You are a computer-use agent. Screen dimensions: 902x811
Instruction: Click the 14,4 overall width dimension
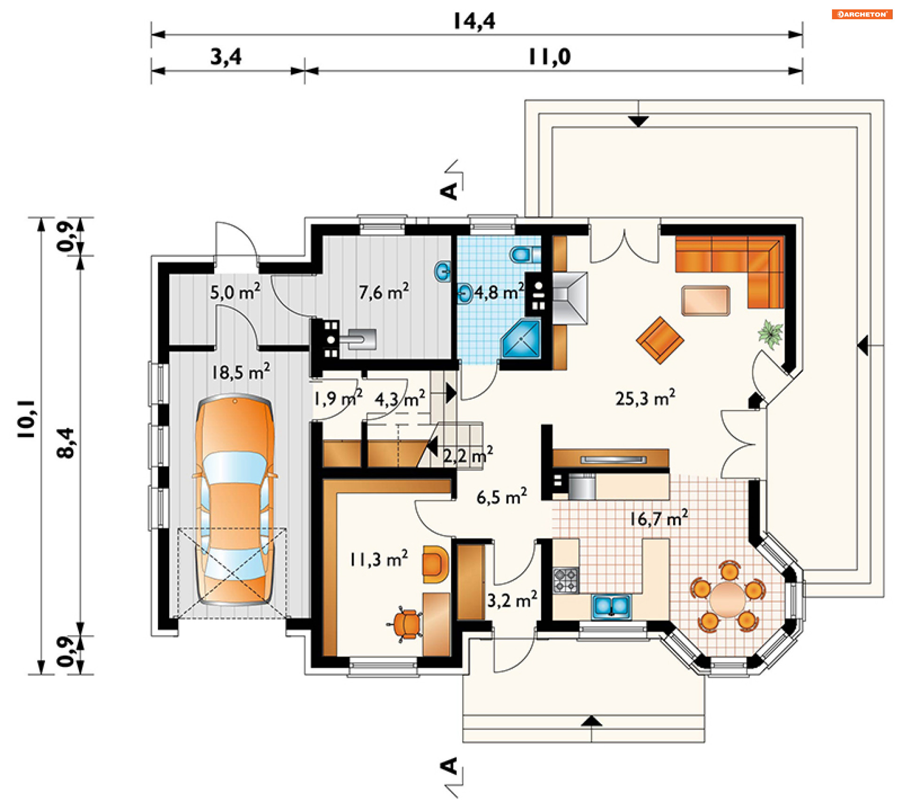click(474, 21)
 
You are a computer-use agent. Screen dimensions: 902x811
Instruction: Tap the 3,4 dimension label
click(226, 57)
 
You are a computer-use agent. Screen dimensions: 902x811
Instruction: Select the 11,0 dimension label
click(549, 57)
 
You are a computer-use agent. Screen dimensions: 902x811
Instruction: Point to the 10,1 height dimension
click(27, 419)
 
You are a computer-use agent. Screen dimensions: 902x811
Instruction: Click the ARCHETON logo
click(862, 14)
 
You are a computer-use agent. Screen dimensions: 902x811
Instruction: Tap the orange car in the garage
click(235, 501)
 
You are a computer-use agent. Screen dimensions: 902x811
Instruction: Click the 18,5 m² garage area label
click(241, 372)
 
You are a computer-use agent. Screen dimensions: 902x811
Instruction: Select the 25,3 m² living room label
click(645, 398)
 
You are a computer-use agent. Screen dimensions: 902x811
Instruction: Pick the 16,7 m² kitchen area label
click(659, 518)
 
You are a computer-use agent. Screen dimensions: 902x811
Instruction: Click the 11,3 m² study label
click(379, 559)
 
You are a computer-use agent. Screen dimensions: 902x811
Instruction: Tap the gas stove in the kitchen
click(566, 580)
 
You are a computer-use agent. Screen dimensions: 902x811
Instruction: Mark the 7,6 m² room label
click(384, 292)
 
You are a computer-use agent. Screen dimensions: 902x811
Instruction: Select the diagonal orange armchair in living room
click(660, 340)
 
